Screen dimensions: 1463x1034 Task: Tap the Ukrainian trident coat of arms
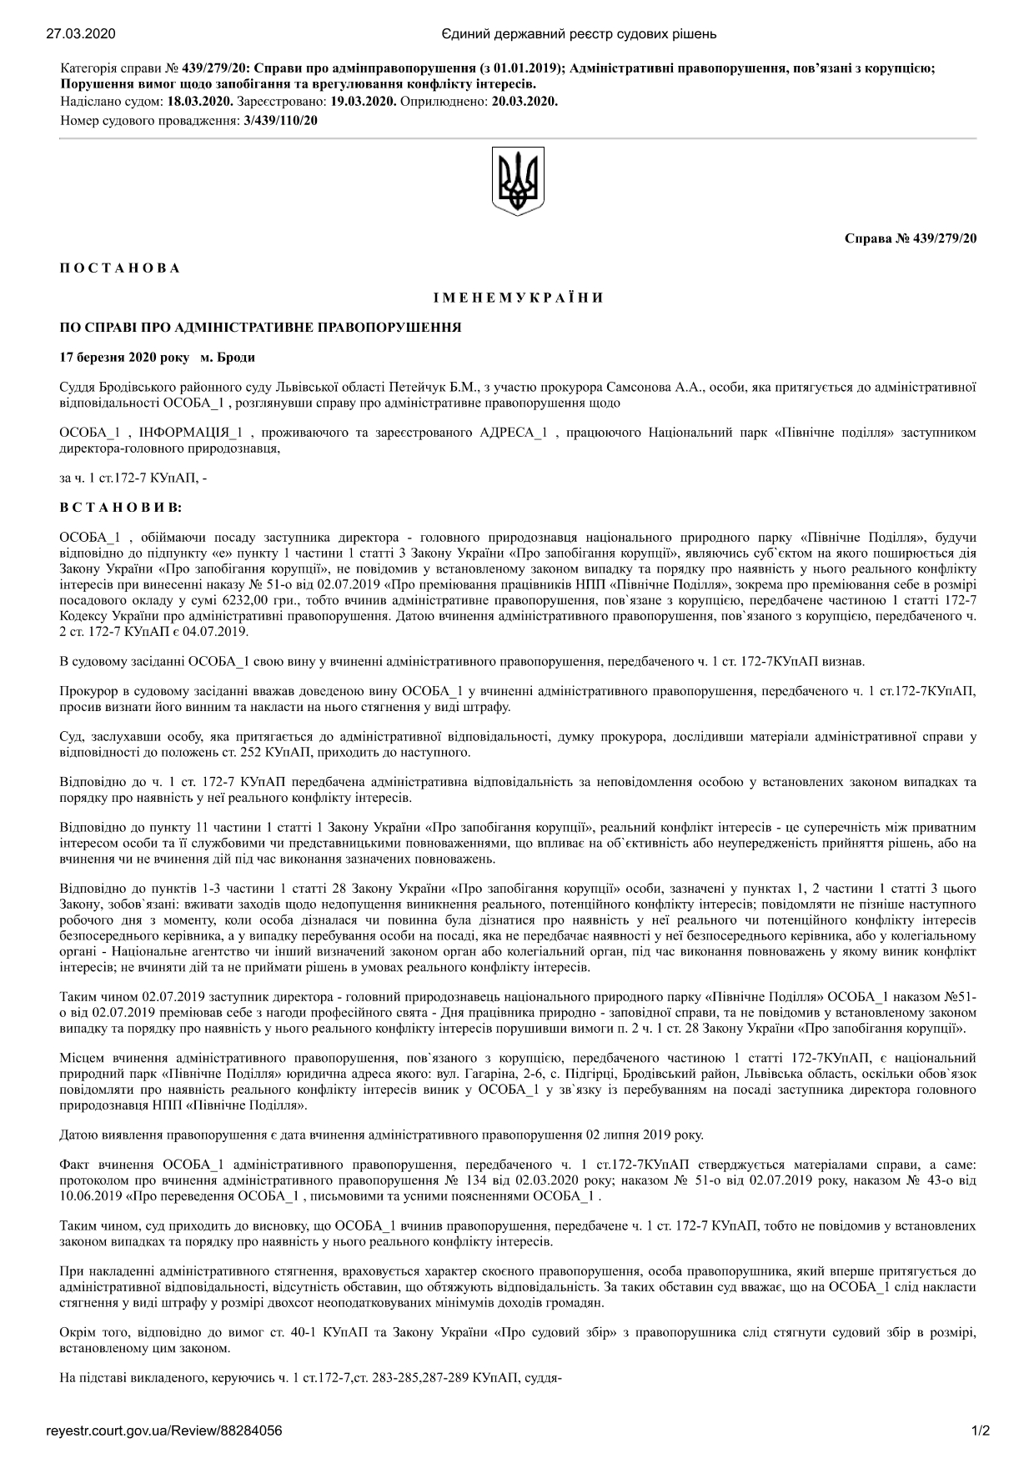tap(518, 182)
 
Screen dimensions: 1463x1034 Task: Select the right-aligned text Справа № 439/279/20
tap(911, 238)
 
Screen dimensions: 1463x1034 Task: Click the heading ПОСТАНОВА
tap(120, 268)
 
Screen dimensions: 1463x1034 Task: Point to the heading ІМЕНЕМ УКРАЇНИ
tap(518, 298)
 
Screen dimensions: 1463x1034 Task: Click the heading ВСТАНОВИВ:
tap(121, 506)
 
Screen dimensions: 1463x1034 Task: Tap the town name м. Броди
tap(228, 358)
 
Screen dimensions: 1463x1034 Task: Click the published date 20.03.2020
tap(525, 102)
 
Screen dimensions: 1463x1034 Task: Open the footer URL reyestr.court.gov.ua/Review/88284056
tap(163, 1431)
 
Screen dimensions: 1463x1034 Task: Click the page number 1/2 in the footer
tap(980, 1431)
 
